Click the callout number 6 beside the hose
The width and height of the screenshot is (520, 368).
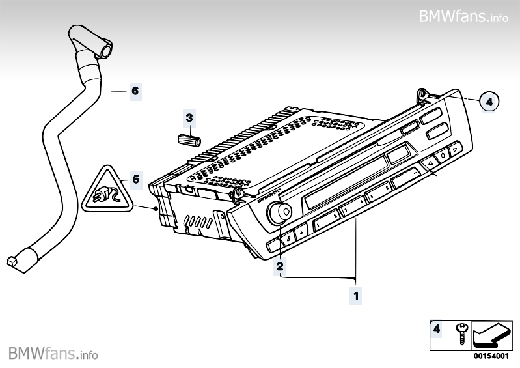[135, 91]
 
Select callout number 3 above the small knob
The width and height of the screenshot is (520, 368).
[189, 118]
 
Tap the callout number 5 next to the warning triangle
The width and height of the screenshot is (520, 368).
[135, 178]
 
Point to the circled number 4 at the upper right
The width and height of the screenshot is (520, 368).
[491, 101]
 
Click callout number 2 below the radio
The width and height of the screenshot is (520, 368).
[280, 266]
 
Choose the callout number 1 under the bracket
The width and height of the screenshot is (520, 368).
[355, 296]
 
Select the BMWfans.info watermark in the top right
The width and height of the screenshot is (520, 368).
[463, 16]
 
